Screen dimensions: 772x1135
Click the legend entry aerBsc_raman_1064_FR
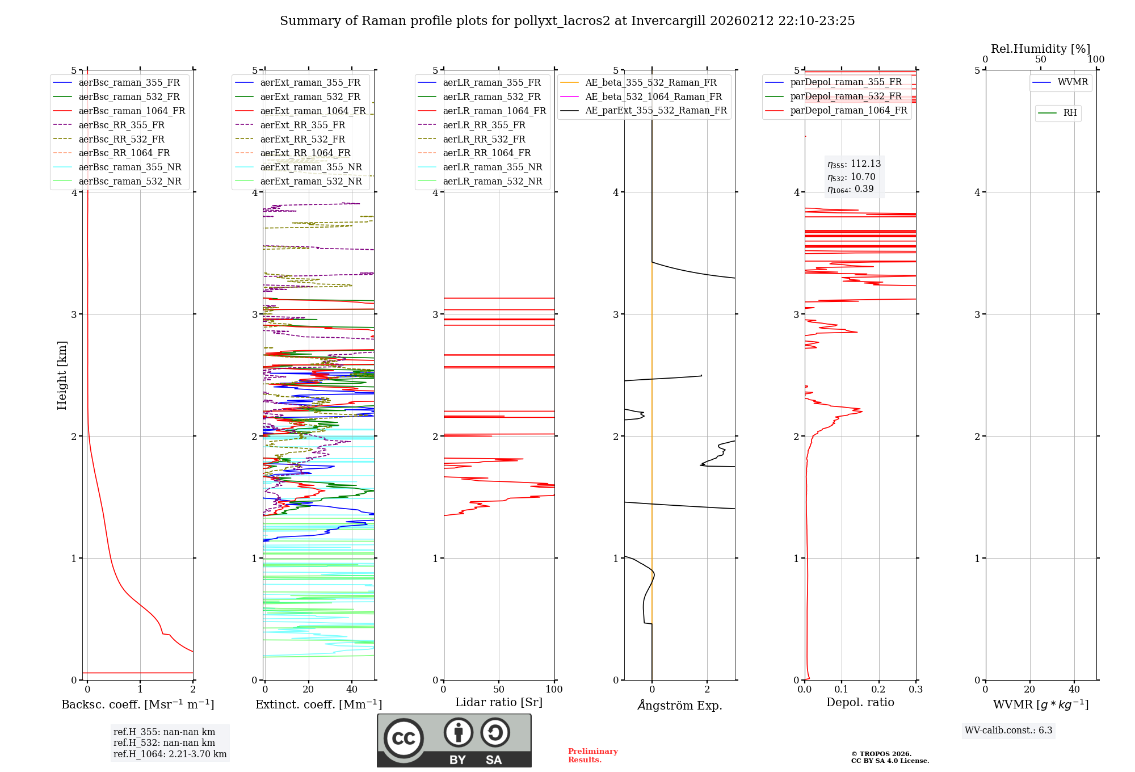(132, 111)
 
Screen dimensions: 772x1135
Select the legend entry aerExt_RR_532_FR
(302, 139)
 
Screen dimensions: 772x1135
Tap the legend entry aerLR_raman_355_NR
(492, 167)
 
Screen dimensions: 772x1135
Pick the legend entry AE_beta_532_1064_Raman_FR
(653, 96)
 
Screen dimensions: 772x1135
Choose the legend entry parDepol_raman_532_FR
(846, 96)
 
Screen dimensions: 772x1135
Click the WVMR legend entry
(1073, 82)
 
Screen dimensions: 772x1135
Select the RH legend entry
(1070, 113)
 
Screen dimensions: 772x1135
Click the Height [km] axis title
(62, 375)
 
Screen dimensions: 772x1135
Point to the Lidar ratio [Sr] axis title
(499, 702)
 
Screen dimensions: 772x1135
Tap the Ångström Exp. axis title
(680, 705)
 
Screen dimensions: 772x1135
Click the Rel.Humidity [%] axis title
(1040, 49)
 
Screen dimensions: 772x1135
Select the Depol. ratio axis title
(860, 702)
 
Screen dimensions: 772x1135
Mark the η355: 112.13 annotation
(854, 164)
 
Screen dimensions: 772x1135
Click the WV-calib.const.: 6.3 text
(1008, 730)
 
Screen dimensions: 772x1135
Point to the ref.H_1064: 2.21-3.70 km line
(170, 754)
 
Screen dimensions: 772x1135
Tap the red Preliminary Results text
(592, 755)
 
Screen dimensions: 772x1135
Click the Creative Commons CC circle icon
(403, 738)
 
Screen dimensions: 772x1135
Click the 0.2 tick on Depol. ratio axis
(878, 689)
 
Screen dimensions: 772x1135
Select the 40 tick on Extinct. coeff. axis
(352, 689)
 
